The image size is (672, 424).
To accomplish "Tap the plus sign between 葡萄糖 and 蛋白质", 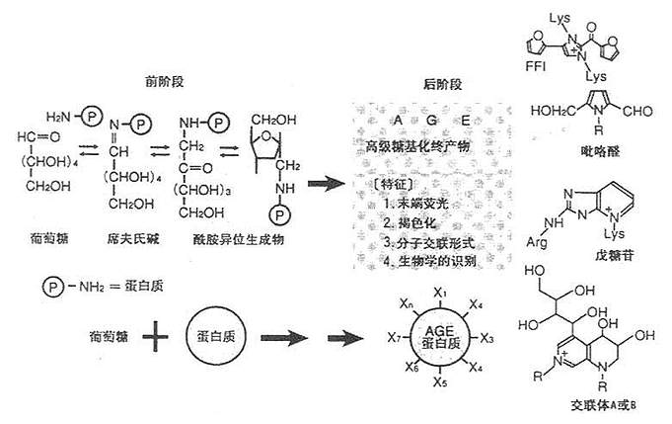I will coord(153,341).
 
